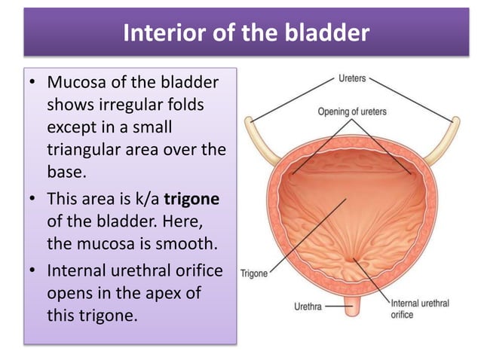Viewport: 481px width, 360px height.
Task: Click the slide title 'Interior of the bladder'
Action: click(x=246, y=34)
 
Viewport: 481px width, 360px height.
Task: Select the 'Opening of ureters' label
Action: click(x=351, y=111)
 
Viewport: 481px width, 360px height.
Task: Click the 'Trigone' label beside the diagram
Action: click(x=254, y=273)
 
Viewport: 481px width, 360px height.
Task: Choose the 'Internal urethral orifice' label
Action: click(x=420, y=309)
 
